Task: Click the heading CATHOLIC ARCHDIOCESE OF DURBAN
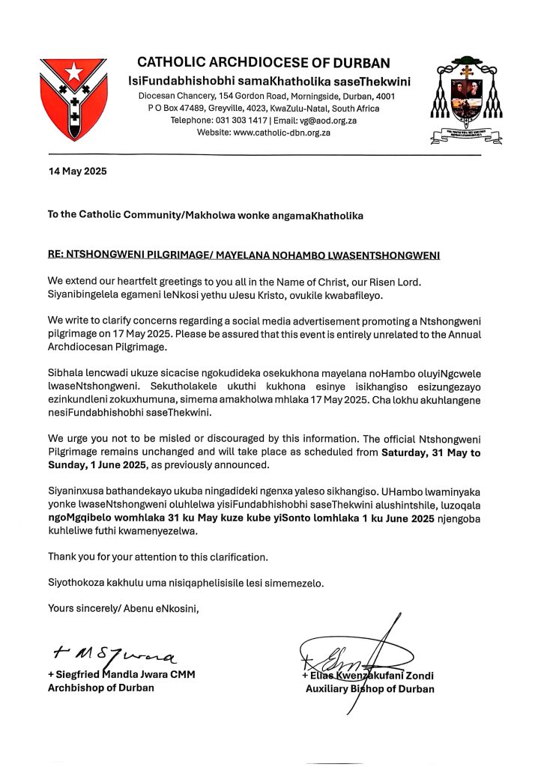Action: click(263, 63)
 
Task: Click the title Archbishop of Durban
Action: click(100, 688)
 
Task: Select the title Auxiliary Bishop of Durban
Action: click(369, 689)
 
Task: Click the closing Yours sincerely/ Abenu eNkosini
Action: click(124, 607)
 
